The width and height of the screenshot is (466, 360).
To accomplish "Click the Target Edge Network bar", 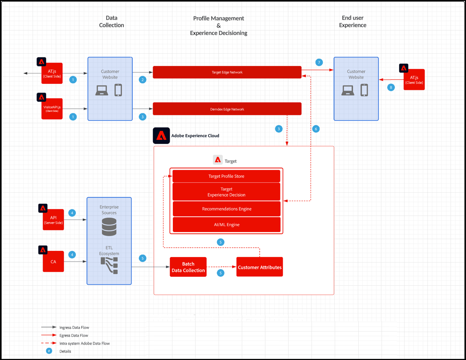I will click(227, 72).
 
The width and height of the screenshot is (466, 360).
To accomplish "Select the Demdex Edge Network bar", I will click(227, 109).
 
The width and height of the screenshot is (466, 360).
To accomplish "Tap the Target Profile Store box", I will click(226, 176).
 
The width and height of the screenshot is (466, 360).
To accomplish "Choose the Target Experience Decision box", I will click(226, 192).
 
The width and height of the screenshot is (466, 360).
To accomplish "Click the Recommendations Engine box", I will click(226, 209).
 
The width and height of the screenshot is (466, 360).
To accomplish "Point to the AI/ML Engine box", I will click(226, 224).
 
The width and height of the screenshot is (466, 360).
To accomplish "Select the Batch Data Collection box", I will click(188, 267).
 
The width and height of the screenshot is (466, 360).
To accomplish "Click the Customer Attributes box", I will click(259, 267).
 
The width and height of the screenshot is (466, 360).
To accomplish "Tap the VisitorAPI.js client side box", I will click(52, 109).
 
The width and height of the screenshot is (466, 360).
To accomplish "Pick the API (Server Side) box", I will click(53, 220).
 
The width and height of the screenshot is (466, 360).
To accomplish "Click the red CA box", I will click(53, 261).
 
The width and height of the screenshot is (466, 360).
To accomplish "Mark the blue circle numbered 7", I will click(319, 63).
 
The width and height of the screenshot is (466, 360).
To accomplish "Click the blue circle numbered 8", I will click(391, 87).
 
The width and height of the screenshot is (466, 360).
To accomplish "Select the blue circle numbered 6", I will click(316, 129).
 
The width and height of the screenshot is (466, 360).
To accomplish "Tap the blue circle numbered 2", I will click(143, 80).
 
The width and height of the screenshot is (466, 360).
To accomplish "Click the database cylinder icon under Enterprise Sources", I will click(109, 227).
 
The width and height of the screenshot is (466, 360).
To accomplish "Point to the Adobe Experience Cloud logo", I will click(161, 136).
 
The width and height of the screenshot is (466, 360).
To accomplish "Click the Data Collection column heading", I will click(111, 21).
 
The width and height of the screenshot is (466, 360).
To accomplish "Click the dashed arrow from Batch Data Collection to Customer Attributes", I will click(221, 267).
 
